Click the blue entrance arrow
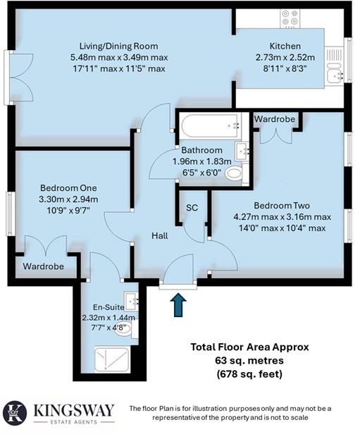(178, 306)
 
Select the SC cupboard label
(192, 208)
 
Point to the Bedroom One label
(68, 188)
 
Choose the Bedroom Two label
(283, 205)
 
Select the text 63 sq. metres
(249, 361)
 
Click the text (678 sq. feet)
(249, 373)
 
